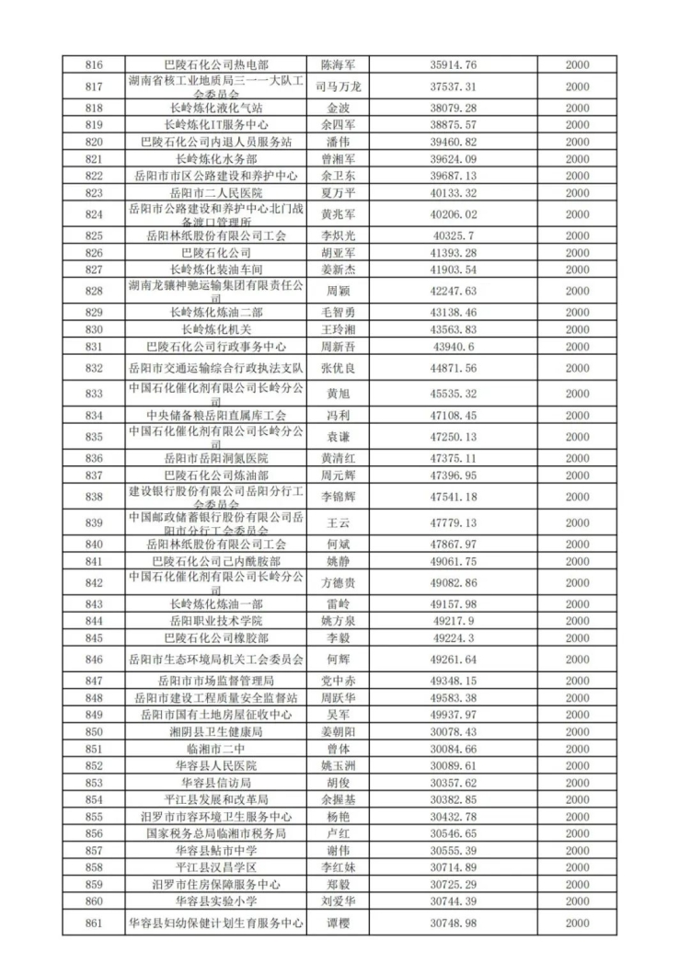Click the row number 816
tap(94, 65)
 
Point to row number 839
tap(94, 522)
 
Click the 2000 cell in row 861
tap(577, 923)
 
